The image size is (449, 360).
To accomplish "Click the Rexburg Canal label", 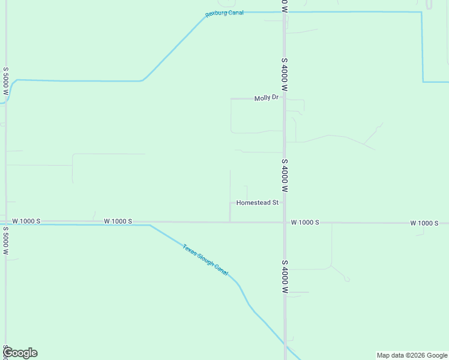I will pyautogui.click(x=224, y=13).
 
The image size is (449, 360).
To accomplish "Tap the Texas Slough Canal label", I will pyautogui.click(x=206, y=260).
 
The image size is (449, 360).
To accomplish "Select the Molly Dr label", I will pyautogui.click(x=267, y=98).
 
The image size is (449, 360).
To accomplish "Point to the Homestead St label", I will pyautogui.click(x=258, y=203).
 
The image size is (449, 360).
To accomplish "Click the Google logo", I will pyautogui.click(x=20, y=353).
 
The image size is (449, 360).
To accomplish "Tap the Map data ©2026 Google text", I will pyautogui.click(x=412, y=355).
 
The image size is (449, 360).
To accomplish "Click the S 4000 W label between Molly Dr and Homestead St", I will pyautogui.click(x=285, y=175).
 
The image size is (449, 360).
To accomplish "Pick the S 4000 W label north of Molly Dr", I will pyautogui.click(x=285, y=74).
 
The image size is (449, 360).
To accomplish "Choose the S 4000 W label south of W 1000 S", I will pyautogui.click(x=285, y=277).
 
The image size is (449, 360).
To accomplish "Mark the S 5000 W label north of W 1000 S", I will pyautogui.click(x=5, y=82).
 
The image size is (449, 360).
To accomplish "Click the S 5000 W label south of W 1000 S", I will pyautogui.click(x=5, y=240).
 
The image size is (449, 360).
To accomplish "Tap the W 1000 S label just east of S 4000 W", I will pyautogui.click(x=305, y=223).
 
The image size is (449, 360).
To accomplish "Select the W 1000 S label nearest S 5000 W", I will pyautogui.click(x=26, y=221).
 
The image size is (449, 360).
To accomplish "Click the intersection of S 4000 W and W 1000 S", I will pyautogui.click(x=285, y=222).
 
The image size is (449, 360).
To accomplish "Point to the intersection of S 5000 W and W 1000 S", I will pyautogui.click(x=6, y=222).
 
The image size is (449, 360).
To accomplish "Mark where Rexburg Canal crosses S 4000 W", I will pyautogui.click(x=285, y=12).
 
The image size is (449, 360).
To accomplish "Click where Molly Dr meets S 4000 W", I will pyautogui.click(x=284, y=98).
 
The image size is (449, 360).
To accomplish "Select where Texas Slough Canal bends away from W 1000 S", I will pyautogui.click(x=150, y=225).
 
